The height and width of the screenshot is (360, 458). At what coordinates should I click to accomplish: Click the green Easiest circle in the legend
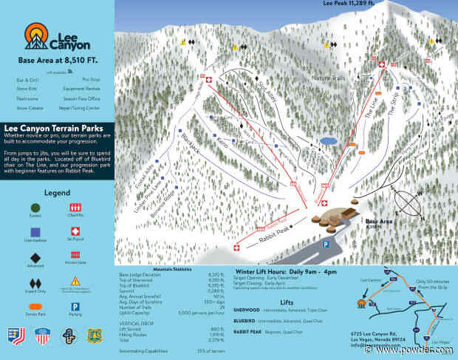35,207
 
